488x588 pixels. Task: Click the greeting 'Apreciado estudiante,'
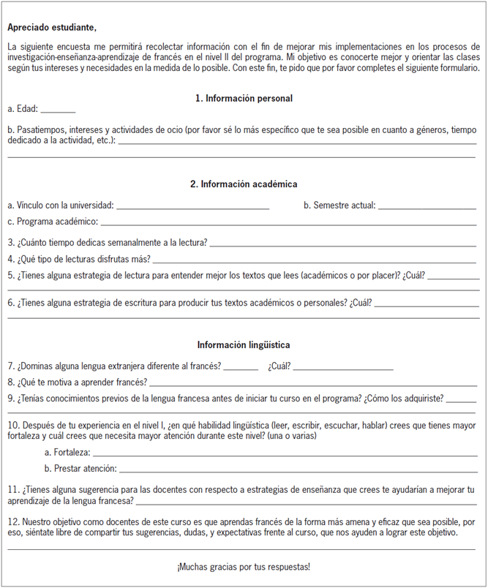[x=51, y=28]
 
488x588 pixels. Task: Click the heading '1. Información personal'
[x=244, y=98]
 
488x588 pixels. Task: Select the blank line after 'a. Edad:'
[x=58, y=111]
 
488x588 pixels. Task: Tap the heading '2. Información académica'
[x=244, y=184]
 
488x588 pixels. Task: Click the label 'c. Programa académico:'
[x=53, y=222]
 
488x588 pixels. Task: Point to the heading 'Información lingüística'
[x=244, y=344]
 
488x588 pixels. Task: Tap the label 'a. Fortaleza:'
[x=67, y=453]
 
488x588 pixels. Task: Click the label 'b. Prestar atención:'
[x=80, y=468]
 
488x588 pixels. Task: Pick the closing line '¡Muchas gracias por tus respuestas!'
[x=244, y=567]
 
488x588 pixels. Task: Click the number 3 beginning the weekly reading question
[x=10, y=242]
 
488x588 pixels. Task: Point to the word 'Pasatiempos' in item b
[x=40, y=129]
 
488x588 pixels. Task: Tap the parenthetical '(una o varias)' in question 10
[x=290, y=436]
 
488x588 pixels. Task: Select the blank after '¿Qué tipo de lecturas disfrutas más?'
[x=314, y=260]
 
